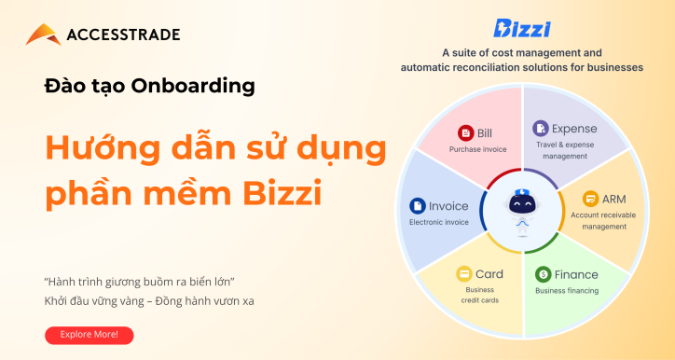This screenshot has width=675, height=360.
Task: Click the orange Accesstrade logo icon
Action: pyautogui.click(x=42, y=35)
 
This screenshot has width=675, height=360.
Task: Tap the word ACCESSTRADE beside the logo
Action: pyautogui.click(x=123, y=35)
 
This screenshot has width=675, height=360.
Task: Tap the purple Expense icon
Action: pyautogui.click(x=540, y=128)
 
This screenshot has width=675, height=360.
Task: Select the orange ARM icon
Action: pyautogui.click(x=589, y=199)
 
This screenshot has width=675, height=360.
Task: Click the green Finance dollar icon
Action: pyautogui.click(x=544, y=274)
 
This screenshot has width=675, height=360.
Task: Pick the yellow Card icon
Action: pyautogui.click(x=463, y=273)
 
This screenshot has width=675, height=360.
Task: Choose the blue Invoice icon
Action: pyautogui.click(x=418, y=206)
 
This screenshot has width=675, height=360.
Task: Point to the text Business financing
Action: pyautogui.click(x=567, y=291)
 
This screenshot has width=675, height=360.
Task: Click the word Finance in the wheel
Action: pyautogui.click(x=578, y=274)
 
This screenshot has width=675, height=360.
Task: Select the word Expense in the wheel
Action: pyautogui.click(x=574, y=128)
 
